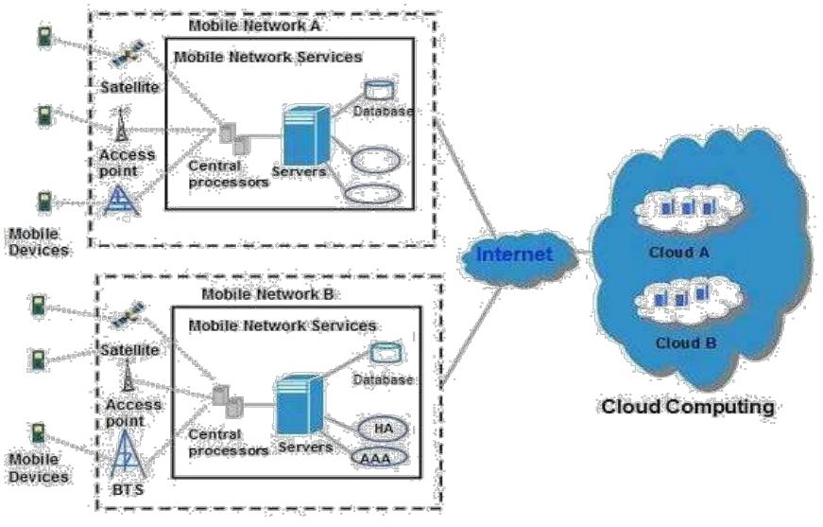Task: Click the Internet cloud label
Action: (513, 254)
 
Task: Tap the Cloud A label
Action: (678, 253)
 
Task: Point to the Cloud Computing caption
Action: (687, 408)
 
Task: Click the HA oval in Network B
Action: (383, 428)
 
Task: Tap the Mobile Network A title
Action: (254, 26)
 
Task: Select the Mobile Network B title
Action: (267, 294)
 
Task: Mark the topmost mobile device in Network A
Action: (43, 37)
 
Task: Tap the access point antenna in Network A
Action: (121, 125)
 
